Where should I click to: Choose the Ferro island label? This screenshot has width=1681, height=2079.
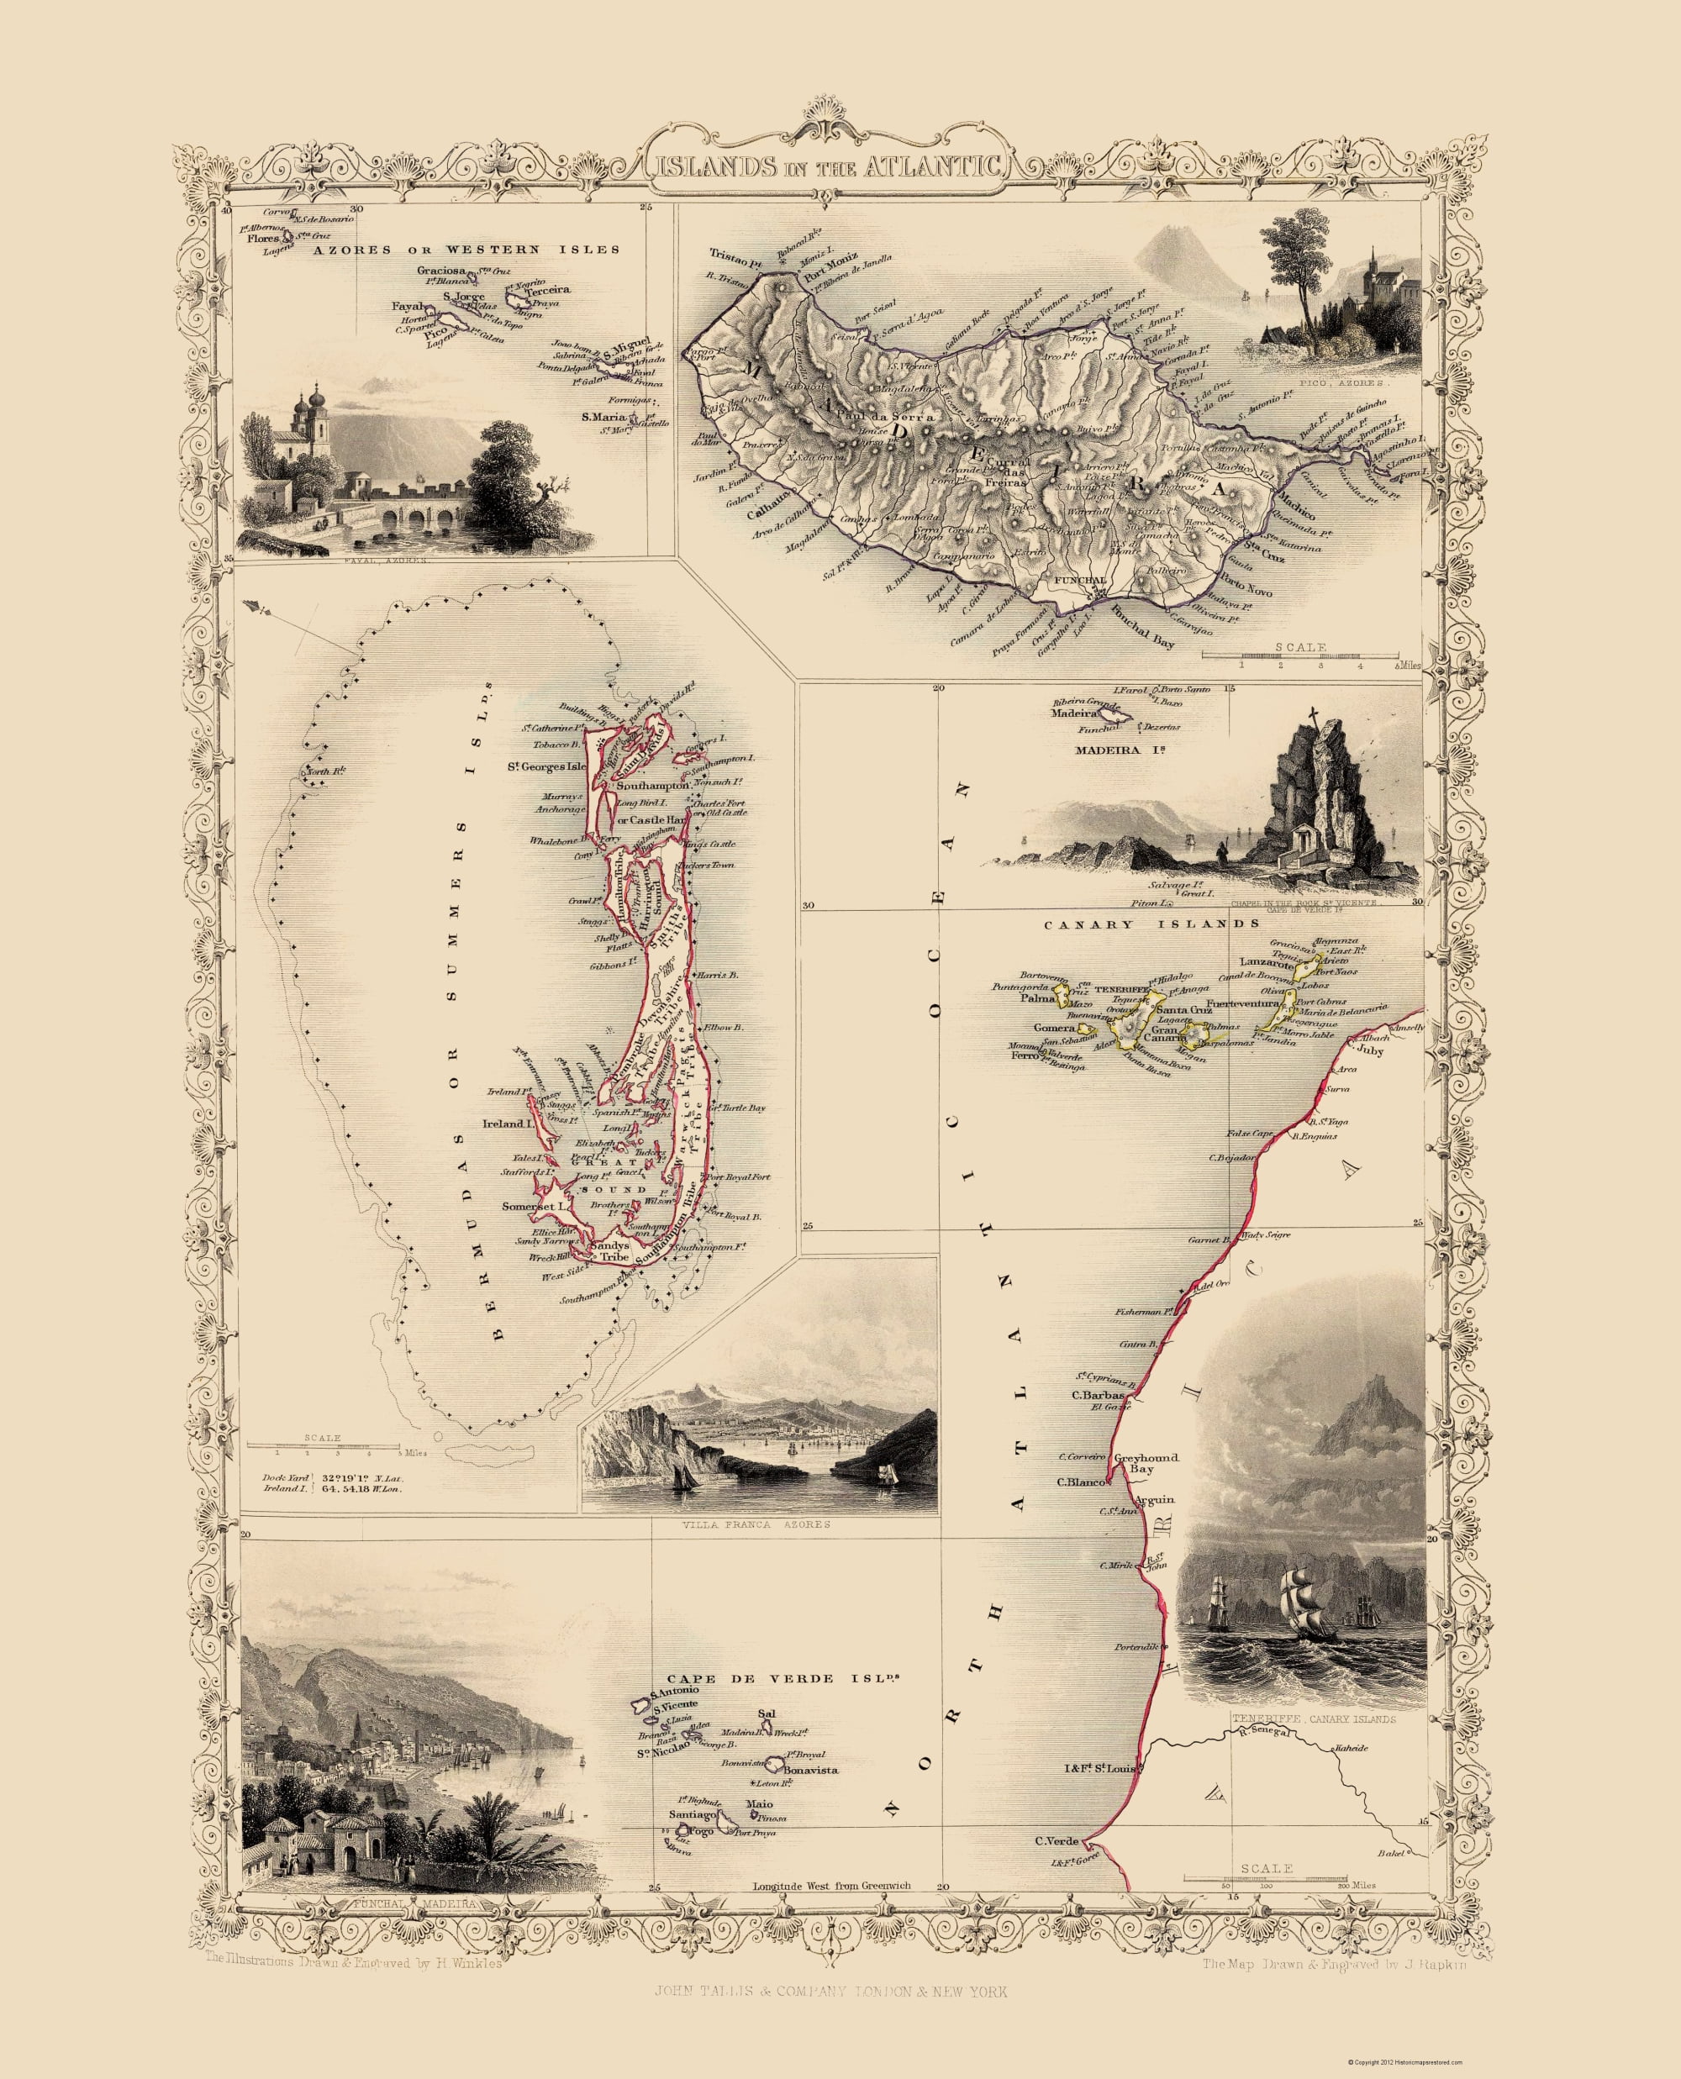1025,1056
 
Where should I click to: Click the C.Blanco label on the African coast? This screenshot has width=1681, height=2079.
1076,1482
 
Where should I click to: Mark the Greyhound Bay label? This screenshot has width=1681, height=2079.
1146,1462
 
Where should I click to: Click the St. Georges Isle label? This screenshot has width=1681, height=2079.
547,767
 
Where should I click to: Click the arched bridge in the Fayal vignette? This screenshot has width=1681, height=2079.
407,515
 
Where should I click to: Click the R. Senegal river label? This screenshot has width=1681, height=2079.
1262,1732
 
